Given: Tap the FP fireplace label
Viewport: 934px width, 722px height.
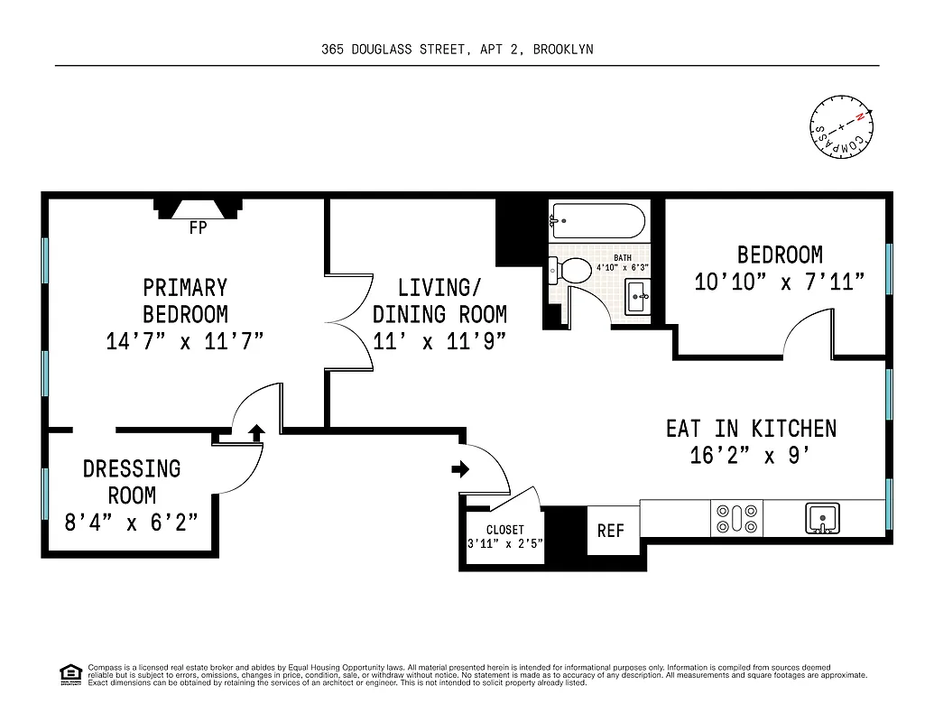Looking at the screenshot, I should click(198, 228).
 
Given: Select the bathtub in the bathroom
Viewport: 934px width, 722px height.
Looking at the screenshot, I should click(598, 220).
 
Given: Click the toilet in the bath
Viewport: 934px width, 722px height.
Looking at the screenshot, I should click(568, 270).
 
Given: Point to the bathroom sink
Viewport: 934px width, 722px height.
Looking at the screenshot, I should click(637, 294).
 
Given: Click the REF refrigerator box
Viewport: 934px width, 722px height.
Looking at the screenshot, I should click(611, 531).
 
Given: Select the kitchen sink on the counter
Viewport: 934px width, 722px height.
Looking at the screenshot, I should click(822, 518).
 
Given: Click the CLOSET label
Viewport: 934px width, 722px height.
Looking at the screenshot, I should click(504, 530).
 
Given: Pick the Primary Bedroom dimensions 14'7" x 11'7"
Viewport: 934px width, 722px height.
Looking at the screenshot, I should click(184, 342).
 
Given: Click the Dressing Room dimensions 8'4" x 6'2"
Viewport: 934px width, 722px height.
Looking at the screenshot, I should click(132, 522).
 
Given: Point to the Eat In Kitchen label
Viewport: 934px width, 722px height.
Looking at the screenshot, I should click(751, 428).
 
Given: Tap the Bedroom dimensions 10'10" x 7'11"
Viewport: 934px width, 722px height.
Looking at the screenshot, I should click(780, 282).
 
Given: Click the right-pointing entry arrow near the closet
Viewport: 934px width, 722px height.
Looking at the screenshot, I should click(460, 468).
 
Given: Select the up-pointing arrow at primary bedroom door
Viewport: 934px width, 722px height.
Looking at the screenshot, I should click(255, 432).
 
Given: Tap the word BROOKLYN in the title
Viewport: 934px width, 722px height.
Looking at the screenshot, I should click(563, 50).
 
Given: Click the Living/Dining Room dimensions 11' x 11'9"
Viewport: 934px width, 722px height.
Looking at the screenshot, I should click(439, 342).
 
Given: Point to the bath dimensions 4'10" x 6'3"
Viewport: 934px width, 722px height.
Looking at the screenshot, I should click(622, 268).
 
